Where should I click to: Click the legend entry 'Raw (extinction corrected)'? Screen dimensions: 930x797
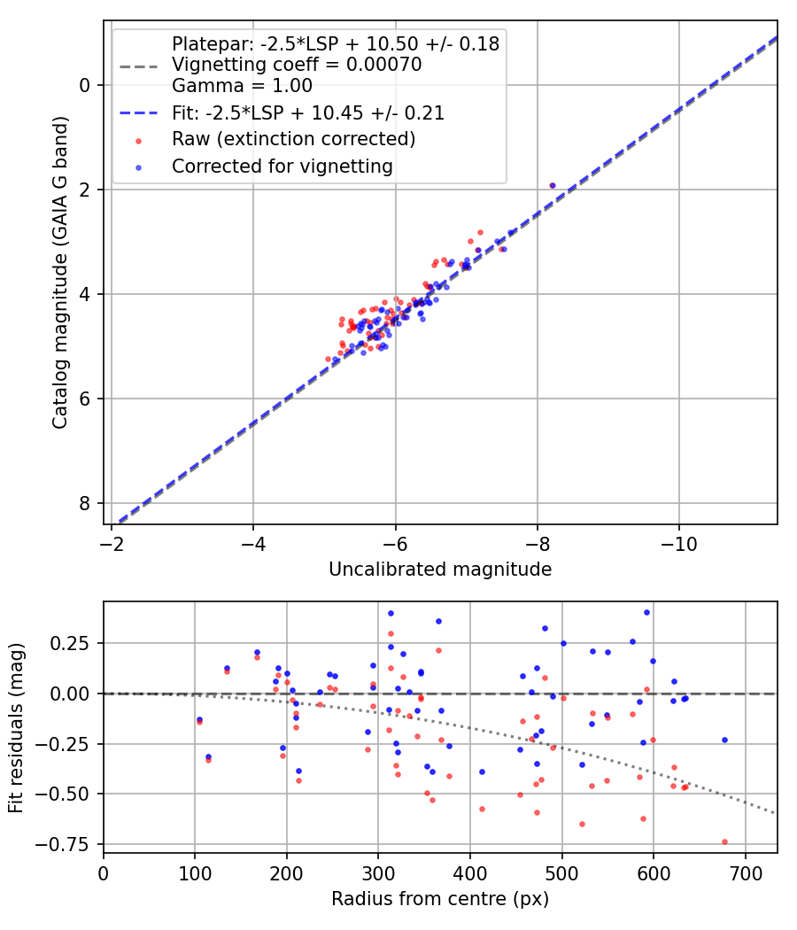coord(293,140)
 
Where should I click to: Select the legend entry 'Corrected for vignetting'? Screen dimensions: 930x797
coord(282,167)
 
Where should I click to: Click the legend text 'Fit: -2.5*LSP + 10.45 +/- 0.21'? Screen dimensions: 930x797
coord(307,113)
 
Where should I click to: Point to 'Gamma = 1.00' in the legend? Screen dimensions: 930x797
coord(242,87)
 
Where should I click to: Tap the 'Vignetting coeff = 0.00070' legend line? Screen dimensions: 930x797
coord(297,65)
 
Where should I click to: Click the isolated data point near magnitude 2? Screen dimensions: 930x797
coord(553,185)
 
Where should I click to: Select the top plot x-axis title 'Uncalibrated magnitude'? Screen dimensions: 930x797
coord(440,570)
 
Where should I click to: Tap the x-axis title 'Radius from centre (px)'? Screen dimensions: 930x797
coord(440,899)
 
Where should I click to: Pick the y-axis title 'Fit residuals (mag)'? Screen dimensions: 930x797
coord(16,728)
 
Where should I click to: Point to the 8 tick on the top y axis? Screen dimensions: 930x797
coord(85,503)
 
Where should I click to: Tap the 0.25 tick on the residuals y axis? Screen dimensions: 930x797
coord(74,643)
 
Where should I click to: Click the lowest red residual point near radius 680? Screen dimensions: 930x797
coord(724,841)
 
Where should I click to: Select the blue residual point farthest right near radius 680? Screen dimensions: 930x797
coord(724,740)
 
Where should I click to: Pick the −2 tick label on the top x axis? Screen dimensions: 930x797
coord(112,542)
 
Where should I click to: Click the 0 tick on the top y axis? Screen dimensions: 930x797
coord(85,85)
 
